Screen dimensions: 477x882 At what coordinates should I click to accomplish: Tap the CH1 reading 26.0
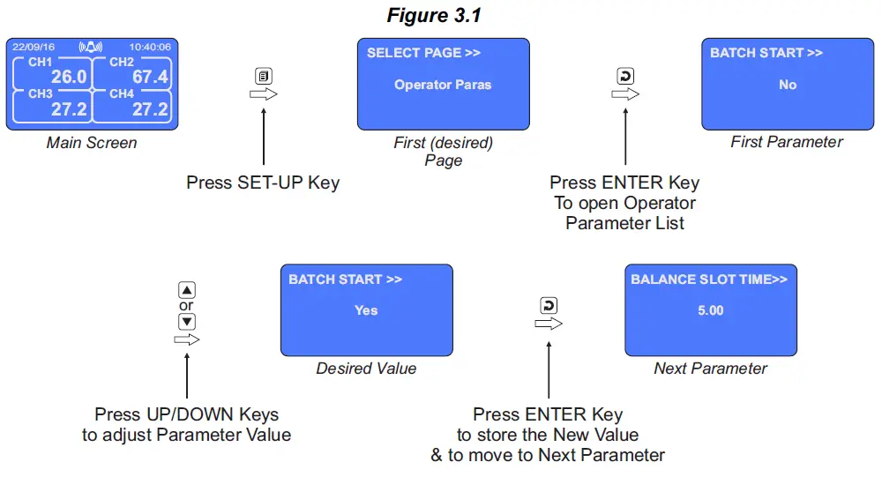pyautogui.click(x=68, y=78)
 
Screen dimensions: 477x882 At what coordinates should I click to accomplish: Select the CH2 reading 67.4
pyautogui.click(x=150, y=78)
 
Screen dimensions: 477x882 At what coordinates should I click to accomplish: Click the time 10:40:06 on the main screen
pyautogui.click(x=150, y=47)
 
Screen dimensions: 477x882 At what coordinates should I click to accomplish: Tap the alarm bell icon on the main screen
pyautogui.click(x=91, y=46)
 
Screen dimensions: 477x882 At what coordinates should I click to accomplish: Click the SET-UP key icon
pyautogui.click(x=264, y=76)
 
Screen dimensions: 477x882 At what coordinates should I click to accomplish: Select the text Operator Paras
pyautogui.click(x=443, y=85)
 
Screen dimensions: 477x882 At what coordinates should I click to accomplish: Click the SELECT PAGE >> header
pyautogui.click(x=423, y=53)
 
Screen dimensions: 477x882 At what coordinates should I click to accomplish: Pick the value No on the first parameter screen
pyautogui.click(x=788, y=85)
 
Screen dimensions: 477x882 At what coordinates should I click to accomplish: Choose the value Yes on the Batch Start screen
pyautogui.click(x=366, y=310)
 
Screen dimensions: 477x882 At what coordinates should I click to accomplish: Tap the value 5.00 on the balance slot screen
pyautogui.click(x=710, y=310)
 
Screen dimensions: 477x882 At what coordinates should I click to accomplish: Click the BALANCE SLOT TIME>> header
pyautogui.click(x=709, y=279)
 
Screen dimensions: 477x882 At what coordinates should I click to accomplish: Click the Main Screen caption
pyautogui.click(x=91, y=142)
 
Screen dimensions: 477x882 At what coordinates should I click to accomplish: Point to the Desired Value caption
pyautogui.click(x=366, y=369)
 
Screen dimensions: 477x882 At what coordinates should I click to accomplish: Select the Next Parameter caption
pyautogui.click(x=710, y=369)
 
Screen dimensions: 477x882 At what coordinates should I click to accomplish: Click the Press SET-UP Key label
pyautogui.click(x=263, y=183)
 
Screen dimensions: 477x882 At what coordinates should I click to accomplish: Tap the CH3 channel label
pyautogui.click(x=41, y=93)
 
